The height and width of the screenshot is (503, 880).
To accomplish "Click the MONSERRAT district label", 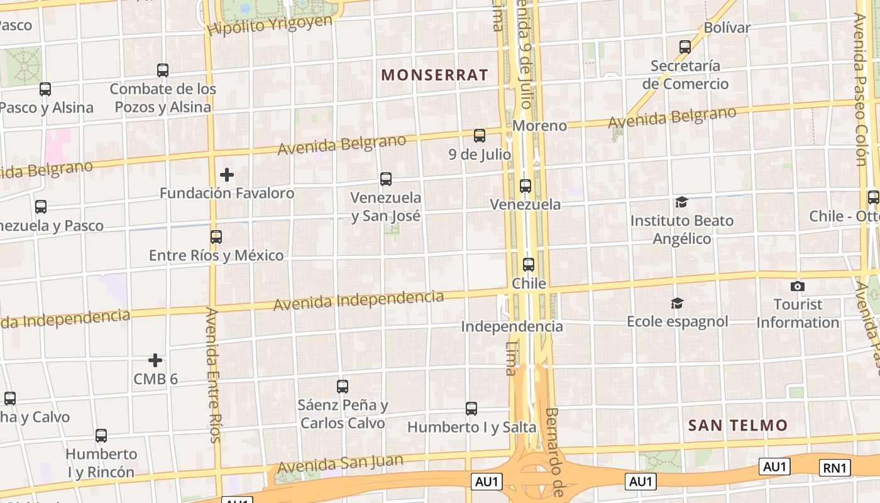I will tap(434, 75).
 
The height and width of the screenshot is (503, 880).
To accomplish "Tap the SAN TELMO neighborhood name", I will tap(737, 425).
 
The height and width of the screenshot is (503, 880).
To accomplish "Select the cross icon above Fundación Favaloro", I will tap(227, 174).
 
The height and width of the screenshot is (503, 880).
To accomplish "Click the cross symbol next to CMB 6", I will tap(155, 360).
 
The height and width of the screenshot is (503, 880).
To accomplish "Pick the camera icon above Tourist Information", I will tap(798, 286).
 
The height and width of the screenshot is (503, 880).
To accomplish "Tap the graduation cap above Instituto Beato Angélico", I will tap(681, 202).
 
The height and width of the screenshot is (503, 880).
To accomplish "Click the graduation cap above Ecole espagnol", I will tap(677, 303).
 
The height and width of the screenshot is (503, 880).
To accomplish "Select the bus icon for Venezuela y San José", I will tap(386, 179).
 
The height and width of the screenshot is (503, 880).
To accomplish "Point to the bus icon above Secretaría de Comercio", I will tap(685, 47).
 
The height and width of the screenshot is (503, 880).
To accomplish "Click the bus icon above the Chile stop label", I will tap(529, 265).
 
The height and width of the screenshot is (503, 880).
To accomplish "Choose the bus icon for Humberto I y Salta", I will tap(471, 409).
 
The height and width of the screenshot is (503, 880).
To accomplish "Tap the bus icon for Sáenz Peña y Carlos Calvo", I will tap(343, 387).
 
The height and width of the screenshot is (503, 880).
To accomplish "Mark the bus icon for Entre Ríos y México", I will tap(216, 237).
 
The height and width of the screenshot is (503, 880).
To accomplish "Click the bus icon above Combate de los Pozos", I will tap(163, 70).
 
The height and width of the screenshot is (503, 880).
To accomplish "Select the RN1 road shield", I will tap(835, 467).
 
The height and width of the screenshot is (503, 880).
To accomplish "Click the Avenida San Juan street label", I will tap(340, 463).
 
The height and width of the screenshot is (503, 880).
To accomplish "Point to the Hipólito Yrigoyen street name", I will tap(270, 25).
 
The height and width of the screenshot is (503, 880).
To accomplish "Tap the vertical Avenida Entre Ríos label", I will tap(214, 374).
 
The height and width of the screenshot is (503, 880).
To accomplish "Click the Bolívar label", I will tap(727, 28).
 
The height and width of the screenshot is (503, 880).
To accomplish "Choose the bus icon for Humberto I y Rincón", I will tap(101, 436).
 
